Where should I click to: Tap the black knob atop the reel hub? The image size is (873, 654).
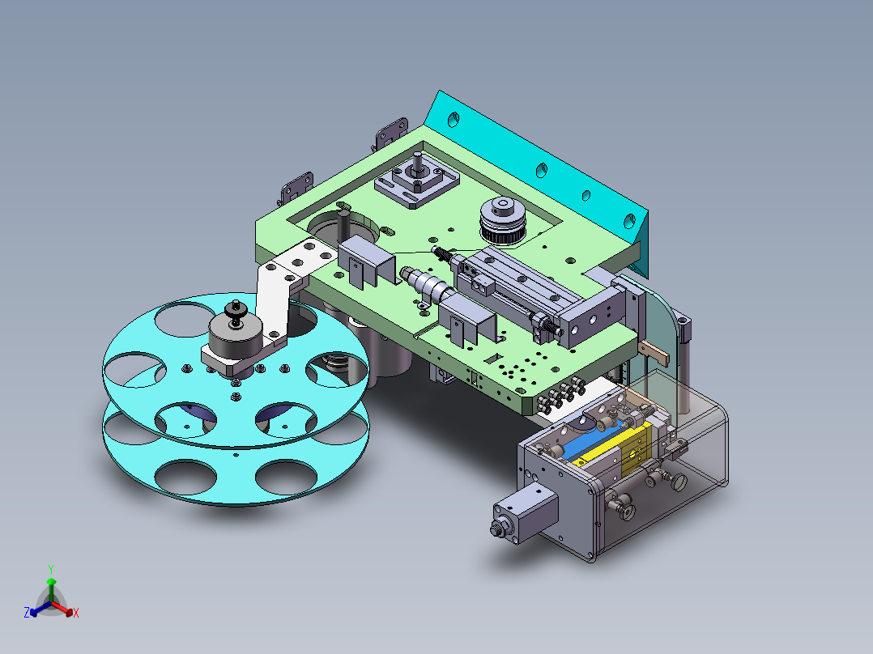click(236, 311)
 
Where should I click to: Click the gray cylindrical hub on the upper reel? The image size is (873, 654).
click(234, 332)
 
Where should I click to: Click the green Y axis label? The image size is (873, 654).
click(50, 569)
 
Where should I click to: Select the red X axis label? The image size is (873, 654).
click(76, 614)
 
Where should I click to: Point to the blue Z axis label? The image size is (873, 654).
click(27, 614)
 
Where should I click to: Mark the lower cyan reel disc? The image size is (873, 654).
click(235, 478)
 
